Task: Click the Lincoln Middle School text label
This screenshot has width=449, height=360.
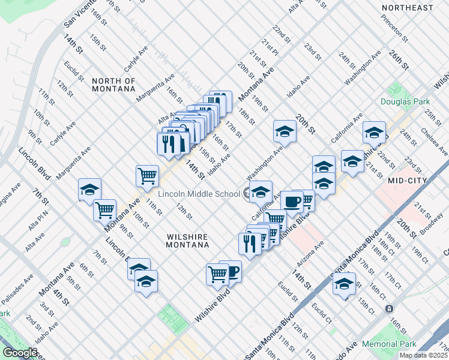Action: [199, 193]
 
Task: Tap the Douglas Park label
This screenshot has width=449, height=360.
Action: [405, 101]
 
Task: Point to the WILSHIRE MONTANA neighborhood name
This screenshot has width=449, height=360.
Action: [188, 240]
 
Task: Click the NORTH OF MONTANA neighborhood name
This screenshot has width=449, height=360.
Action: [113, 85]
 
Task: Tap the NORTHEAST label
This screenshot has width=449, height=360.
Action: [407, 8]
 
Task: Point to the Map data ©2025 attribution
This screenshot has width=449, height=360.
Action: [423, 355]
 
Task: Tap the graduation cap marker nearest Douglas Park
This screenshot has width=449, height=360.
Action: [374, 132]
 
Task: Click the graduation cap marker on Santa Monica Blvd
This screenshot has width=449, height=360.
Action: [345, 283]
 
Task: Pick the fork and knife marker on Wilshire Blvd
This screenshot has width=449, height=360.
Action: [248, 242]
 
